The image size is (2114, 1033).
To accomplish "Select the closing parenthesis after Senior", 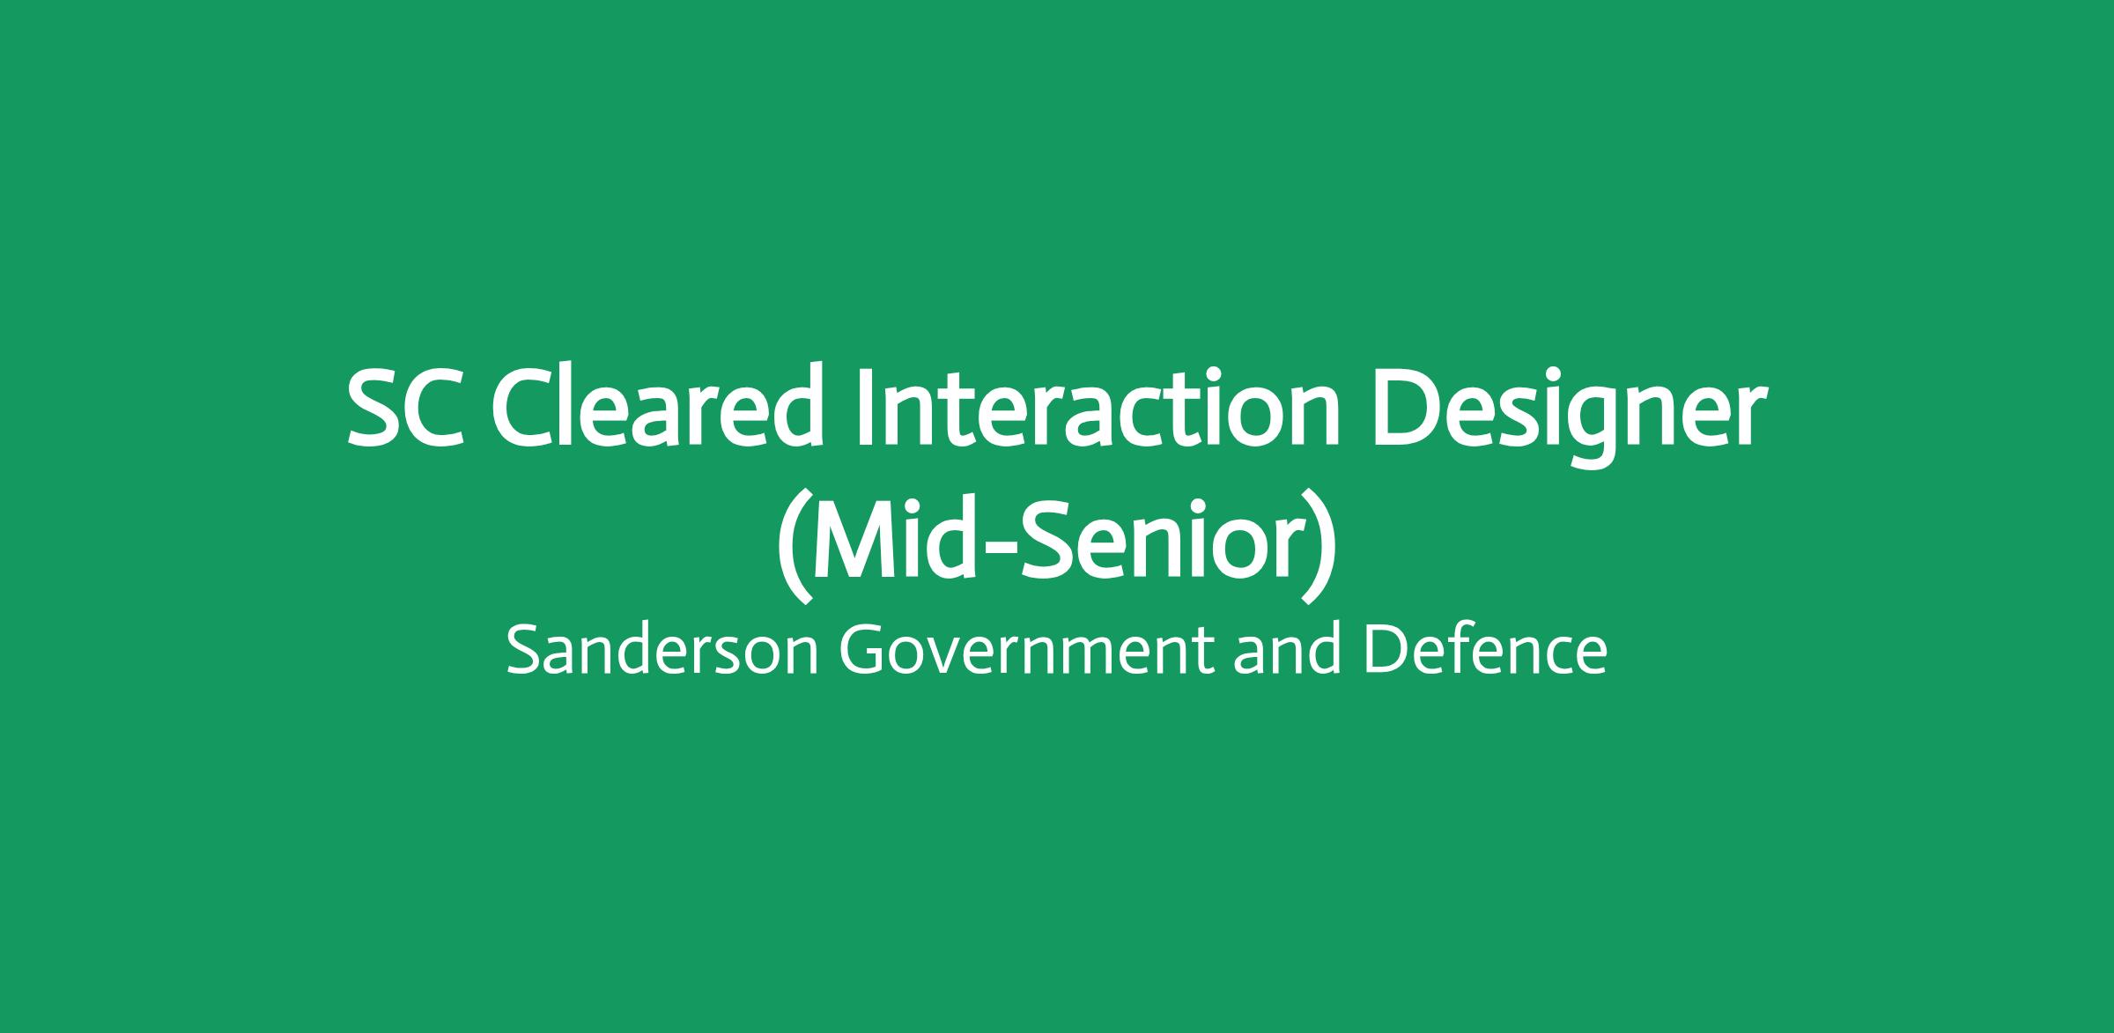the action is pos(1319,545).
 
